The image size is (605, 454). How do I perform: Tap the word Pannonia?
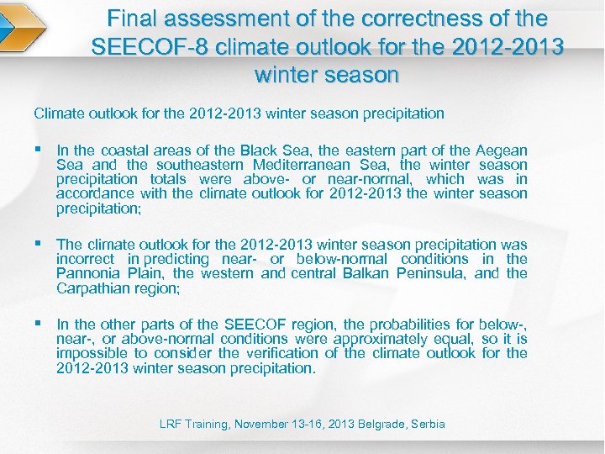[x=89, y=273]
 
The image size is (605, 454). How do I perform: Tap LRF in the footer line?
[x=171, y=425]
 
